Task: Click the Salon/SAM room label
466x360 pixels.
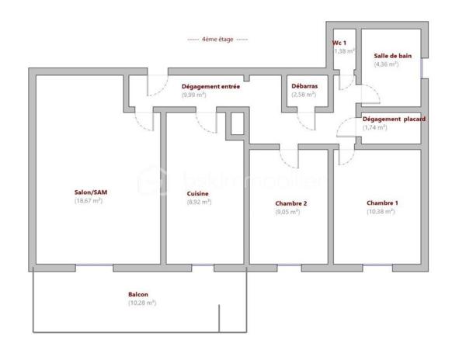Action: tap(88, 192)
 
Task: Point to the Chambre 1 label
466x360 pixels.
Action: tap(381, 203)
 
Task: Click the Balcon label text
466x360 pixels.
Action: tap(138, 294)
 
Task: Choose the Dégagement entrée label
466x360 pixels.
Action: tap(210, 86)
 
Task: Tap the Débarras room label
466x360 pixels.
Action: tap(303, 86)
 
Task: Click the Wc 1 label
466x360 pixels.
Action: tap(339, 43)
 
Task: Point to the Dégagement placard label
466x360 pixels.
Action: tap(391, 119)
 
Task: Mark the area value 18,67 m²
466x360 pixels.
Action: tap(88, 201)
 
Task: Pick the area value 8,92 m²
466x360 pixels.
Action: tap(199, 201)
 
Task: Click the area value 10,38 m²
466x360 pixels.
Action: tap(381, 211)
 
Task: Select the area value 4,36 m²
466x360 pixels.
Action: tap(386, 64)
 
